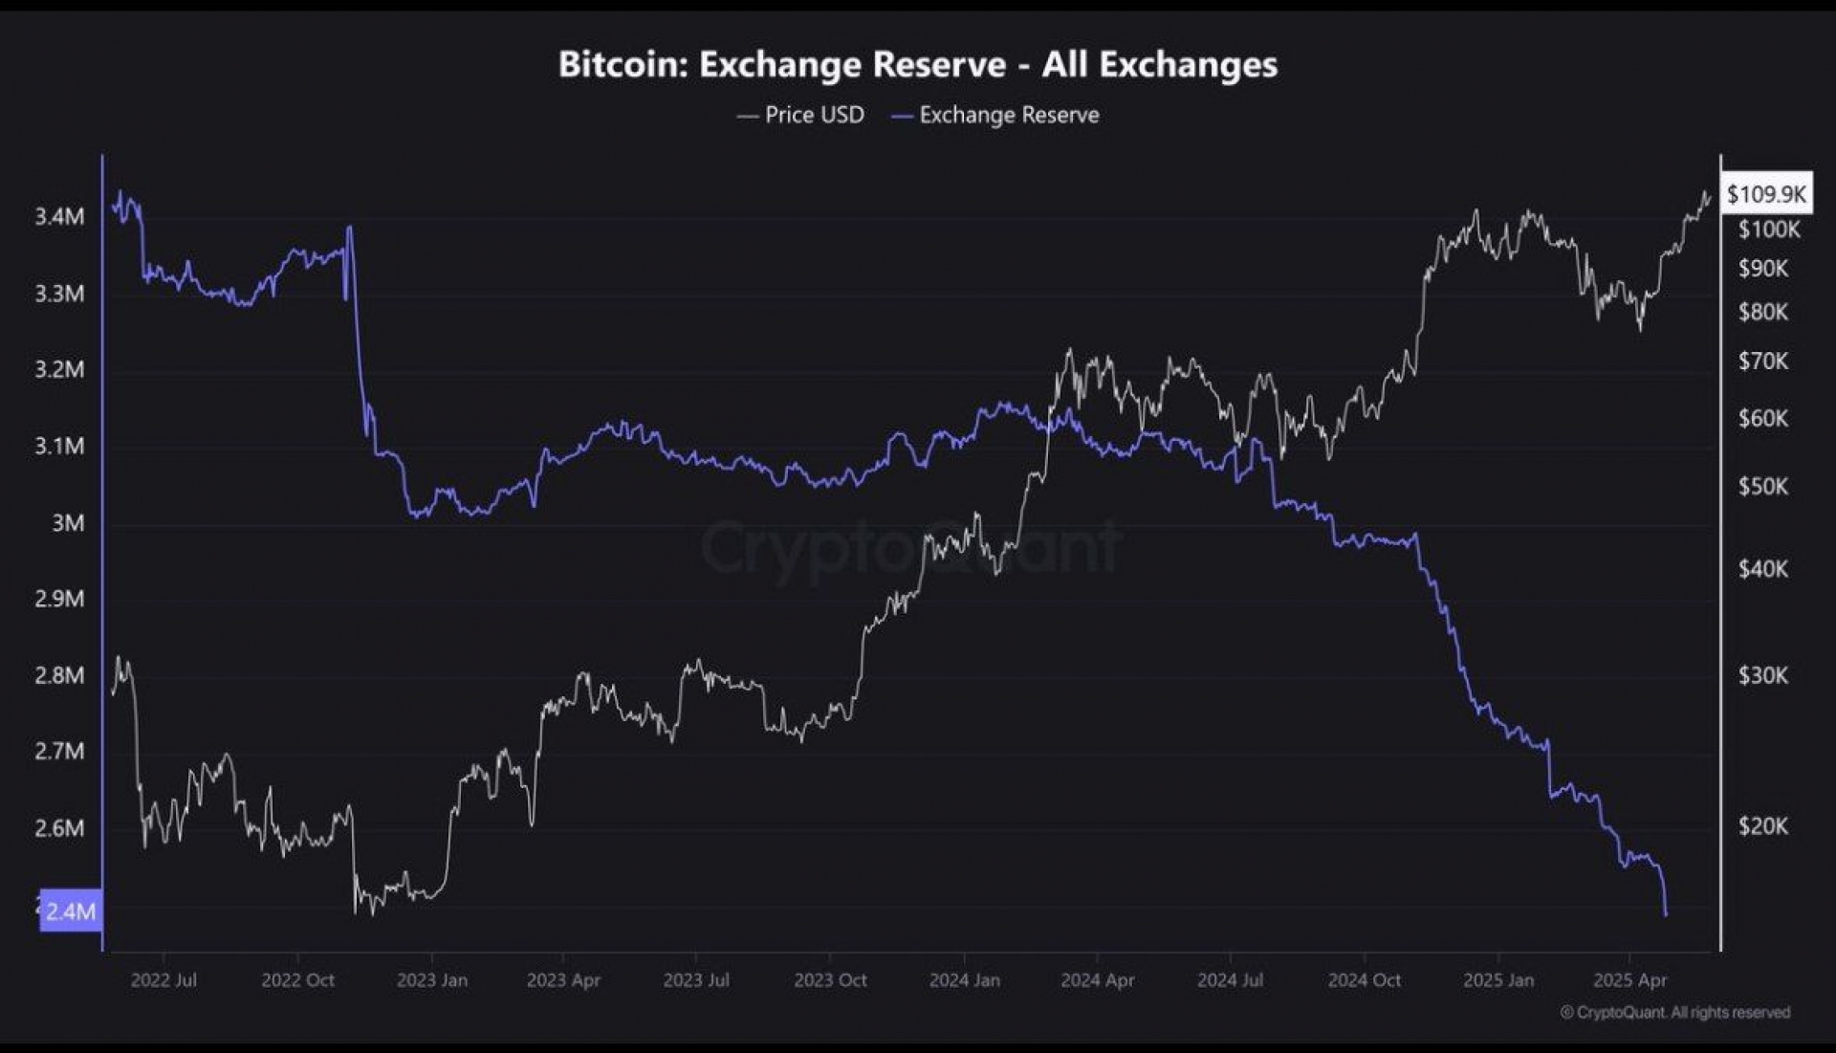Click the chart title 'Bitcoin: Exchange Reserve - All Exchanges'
click(x=917, y=64)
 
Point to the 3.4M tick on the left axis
click(x=59, y=217)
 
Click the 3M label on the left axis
click(x=68, y=523)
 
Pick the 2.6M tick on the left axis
click(x=59, y=828)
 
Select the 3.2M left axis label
click(x=59, y=369)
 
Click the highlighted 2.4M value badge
click(x=70, y=910)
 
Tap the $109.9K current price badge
click(x=1765, y=194)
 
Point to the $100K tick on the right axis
click(x=1768, y=230)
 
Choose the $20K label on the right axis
click(x=1762, y=826)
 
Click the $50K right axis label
click(x=1762, y=487)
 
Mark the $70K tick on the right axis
click(x=1762, y=362)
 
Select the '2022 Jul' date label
click(x=164, y=980)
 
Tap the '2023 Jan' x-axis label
click(x=431, y=980)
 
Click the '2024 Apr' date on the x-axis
click(x=1097, y=980)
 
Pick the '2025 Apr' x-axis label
click(x=1629, y=980)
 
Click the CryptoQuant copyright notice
click(x=1674, y=1012)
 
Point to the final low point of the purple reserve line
click(x=1666, y=915)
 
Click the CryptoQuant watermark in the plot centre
click(x=910, y=548)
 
